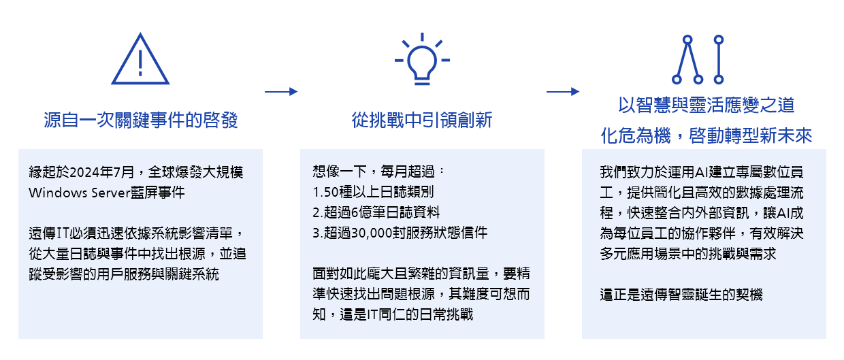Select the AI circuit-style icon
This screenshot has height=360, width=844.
tap(698, 59)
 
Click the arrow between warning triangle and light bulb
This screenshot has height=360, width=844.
tap(281, 91)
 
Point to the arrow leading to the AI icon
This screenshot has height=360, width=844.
tap(563, 91)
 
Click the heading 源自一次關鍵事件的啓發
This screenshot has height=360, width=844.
tap(140, 120)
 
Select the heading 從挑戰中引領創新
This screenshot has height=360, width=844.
tap(422, 120)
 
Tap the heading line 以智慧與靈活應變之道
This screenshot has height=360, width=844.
tap(707, 105)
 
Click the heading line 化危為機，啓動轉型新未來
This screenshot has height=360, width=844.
tap(707, 135)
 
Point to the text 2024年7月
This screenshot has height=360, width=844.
tap(102, 172)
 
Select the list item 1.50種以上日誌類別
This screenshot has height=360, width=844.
tap(373, 192)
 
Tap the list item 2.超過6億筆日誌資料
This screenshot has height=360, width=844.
tap(376, 212)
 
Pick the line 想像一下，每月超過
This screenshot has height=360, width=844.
tap(378, 171)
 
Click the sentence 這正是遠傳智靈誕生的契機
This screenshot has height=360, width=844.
tap(681, 295)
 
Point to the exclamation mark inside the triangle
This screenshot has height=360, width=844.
tap(140, 63)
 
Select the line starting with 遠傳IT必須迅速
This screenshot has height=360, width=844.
tap(137, 233)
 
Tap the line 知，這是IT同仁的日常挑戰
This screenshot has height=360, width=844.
tap(393, 314)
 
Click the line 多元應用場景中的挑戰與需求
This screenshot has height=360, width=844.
tap(688, 254)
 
